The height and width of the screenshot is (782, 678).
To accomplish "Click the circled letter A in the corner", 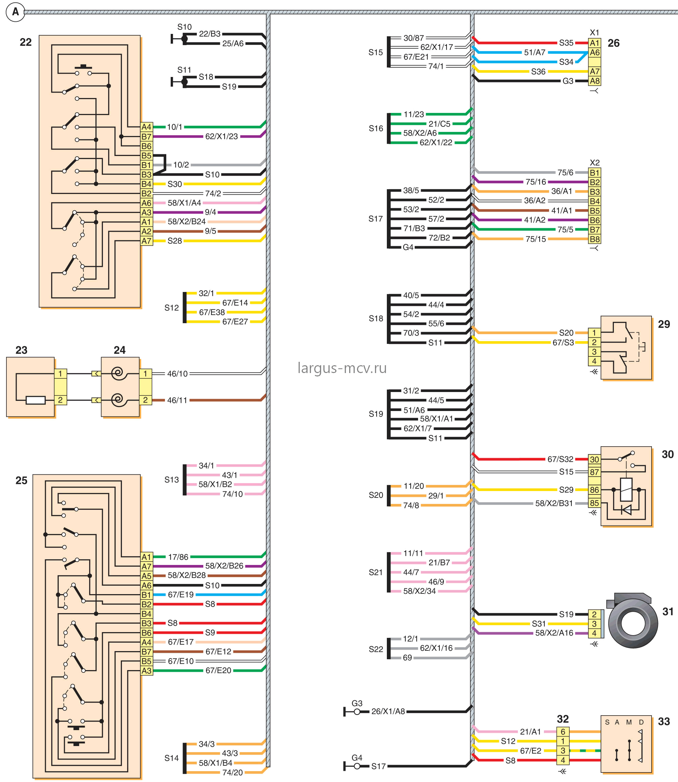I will pos(15,12).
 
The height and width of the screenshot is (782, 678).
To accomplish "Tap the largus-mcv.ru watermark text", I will pos(342,368).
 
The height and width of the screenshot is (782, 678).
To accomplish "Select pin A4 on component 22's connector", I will pos(146,127).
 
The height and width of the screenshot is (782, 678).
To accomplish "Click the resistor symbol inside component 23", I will pos(36,400).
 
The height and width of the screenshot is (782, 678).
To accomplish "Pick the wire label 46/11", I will pos(177,400).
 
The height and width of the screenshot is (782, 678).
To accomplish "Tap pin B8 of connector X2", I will pos(595,239).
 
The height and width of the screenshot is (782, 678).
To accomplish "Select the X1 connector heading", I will pos(595,33).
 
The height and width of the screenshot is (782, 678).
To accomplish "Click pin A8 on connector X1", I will pos(595,81).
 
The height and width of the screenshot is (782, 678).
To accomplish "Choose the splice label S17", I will pos(376,219).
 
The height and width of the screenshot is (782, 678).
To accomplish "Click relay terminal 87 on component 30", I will pos(594,472).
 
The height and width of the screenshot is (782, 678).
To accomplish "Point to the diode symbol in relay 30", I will pos(626,510).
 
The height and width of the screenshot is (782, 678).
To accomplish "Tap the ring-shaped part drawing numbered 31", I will pos(633,623).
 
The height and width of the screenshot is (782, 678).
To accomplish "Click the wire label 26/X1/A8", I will pos(388,711).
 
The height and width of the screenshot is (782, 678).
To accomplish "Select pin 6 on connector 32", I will pos(563,732).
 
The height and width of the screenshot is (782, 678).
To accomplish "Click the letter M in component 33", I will pos(629,722).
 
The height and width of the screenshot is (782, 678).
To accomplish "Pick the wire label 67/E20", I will pos(218,670).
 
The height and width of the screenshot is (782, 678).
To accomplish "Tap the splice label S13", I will pos(171,480).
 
